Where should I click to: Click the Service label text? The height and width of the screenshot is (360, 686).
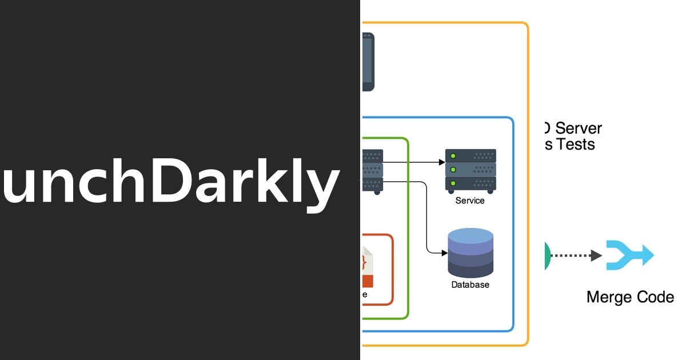click(470, 201)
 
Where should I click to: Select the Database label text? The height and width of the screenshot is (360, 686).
click(470, 285)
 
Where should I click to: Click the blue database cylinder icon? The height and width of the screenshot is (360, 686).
click(470, 253)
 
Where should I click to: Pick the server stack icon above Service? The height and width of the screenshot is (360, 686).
click(470, 170)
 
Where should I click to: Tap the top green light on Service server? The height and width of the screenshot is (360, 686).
click(453, 155)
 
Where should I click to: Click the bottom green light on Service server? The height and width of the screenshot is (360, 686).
click(453, 183)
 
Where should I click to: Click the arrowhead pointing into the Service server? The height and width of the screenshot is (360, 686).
click(441, 162)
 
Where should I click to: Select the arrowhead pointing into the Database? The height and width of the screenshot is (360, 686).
click(443, 253)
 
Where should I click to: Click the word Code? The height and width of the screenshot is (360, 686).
click(656, 297)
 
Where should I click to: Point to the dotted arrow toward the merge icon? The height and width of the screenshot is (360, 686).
click(577, 255)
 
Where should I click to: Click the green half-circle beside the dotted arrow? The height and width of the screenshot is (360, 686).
click(548, 255)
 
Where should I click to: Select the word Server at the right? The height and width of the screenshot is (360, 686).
click(579, 128)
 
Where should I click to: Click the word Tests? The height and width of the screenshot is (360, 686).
click(576, 145)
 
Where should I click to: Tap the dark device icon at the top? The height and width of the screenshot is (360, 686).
click(368, 61)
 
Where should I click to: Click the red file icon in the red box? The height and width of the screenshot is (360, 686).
click(366, 266)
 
